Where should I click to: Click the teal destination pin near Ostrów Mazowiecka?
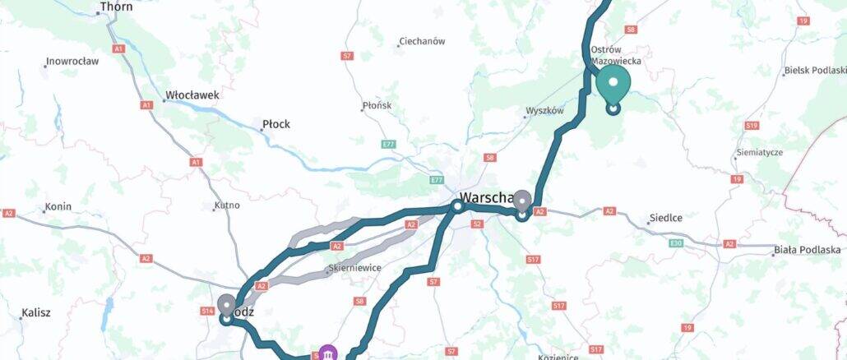click(613, 84)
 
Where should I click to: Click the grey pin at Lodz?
click(225, 306)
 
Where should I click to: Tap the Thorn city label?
click(115, 7)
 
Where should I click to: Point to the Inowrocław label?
click(73, 62)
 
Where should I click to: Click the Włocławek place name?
click(192, 95)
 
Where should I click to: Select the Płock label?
click(275, 125)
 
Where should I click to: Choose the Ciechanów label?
click(421, 41)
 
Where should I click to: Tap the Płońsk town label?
click(378, 106)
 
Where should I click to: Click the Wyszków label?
click(544, 111)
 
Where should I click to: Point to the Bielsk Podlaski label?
click(816, 71)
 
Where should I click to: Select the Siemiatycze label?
click(761, 153)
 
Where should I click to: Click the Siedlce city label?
click(666, 218)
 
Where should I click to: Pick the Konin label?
click(58, 207)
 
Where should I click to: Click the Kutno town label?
click(226, 205)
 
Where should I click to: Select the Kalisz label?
click(36, 313)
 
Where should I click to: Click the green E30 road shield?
click(677, 243)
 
